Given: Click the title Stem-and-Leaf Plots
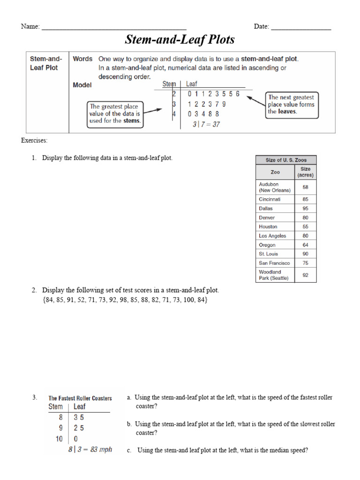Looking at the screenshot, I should [x=180, y=40].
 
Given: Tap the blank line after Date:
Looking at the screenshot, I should [x=301, y=28].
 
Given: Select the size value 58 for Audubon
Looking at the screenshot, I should [x=305, y=187].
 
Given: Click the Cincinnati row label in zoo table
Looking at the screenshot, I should [x=270, y=199].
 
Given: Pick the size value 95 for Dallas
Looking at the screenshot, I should [x=305, y=209].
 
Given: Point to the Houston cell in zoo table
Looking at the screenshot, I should [x=268, y=227].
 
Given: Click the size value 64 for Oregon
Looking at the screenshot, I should [x=305, y=245].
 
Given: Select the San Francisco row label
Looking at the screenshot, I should [x=274, y=263].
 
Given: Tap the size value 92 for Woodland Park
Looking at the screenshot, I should [x=305, y=275].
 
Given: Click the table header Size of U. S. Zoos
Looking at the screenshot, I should [x=286, y=160].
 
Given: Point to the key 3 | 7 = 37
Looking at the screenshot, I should [x=206, y=124].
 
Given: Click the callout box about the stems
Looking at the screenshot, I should [x=115, y=114].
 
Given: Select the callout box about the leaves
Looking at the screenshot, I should [x=291, y=105].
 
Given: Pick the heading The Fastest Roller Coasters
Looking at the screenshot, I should [x=80, y=398].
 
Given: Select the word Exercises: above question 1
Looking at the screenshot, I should [x=34, y=141].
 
